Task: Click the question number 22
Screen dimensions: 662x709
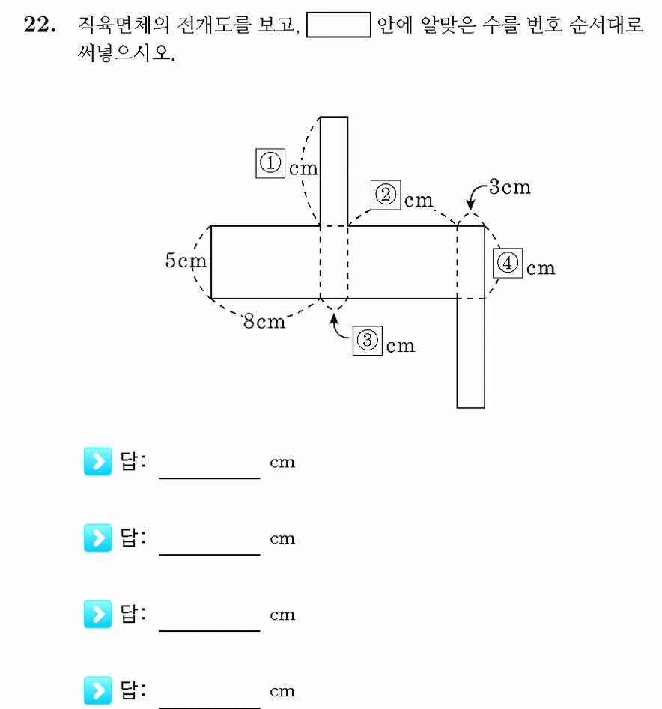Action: tap(40, 25)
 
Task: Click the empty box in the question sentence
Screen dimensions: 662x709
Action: tap(338, 25)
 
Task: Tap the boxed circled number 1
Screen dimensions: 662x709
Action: tap(270, 163)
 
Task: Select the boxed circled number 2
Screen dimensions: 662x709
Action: tap(386, 195)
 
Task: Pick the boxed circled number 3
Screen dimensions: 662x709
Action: tap(368, 341)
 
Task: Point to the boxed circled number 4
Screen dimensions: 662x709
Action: tap(508, 263)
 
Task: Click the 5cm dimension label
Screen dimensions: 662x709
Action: tap(186, 261)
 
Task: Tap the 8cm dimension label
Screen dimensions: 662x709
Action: tap(264, 321)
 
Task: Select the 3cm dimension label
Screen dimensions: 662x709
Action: tap(510, 187)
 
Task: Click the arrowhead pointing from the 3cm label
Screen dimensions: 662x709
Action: tap(470, 205)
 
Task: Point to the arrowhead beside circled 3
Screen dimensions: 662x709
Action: tap(334, 318)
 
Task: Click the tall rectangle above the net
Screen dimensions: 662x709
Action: tap(334, 171)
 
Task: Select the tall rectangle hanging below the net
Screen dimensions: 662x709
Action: tap(471, 353)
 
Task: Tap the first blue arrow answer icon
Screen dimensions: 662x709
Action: tap(97, 461)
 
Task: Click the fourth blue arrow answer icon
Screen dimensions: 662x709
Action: tap(97, 690)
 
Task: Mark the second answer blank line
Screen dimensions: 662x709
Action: tap(210, 554)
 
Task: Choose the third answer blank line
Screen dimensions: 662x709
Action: tap(210, 630)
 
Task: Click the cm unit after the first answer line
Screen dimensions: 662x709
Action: tap(282, 463)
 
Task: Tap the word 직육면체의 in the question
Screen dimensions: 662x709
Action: tap(124, 25)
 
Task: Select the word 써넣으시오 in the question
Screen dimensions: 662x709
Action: tap(126, 53)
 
